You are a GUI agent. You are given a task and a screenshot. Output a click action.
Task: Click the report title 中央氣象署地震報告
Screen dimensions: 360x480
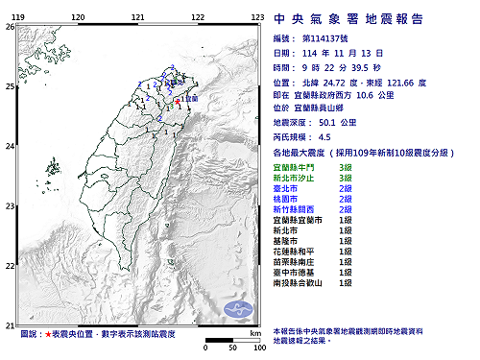coord(367,17)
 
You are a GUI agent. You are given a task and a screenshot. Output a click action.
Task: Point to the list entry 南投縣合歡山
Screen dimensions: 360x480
coord(299,282)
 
